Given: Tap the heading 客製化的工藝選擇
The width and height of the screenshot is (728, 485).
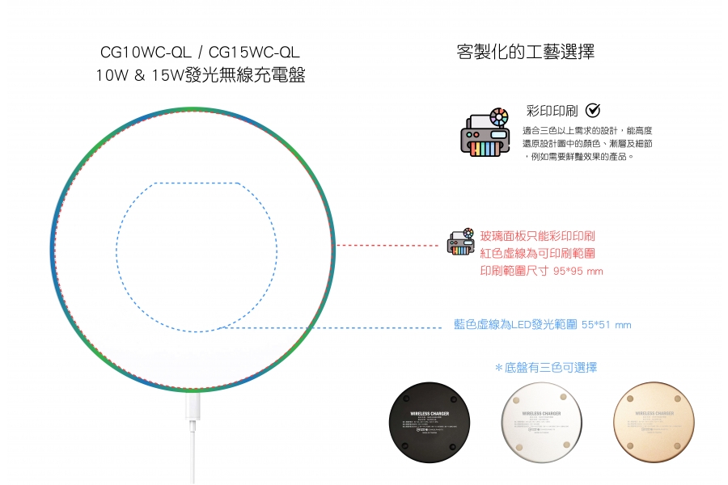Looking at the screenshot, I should coord(526,53).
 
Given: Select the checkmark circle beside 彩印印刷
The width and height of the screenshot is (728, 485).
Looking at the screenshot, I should coord(592,110).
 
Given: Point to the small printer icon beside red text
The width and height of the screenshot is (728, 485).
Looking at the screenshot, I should coord(461,242).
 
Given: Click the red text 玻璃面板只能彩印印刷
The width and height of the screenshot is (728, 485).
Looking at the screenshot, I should coord(538,236).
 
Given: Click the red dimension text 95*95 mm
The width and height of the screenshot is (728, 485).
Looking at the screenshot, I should coord(578,272).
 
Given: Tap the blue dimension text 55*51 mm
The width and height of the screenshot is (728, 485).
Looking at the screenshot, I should coord(606,325).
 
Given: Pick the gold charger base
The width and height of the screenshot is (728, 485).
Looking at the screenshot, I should coord(654,422).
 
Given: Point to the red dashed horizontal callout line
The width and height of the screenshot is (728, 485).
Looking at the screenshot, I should coord(388,244).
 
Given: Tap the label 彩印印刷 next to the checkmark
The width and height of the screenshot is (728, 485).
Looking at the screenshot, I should coord(552,111).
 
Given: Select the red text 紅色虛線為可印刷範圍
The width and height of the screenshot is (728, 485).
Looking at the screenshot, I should coord(538,254).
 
